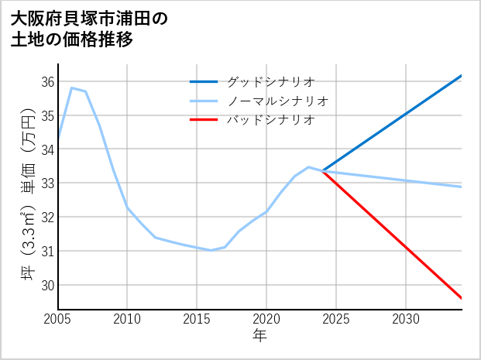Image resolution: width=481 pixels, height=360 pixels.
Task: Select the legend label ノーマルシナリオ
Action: tap(278, 101)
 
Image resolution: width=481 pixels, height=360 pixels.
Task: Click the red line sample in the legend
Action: tap(204, 120)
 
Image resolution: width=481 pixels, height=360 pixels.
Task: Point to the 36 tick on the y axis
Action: tap(46, 82)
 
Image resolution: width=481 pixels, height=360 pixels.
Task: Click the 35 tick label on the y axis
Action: tap(46, 116)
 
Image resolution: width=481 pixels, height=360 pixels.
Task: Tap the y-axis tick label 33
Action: tap(46, 183)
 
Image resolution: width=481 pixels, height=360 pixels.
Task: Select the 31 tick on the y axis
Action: tap(46, 251)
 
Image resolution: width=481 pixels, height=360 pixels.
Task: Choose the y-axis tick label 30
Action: tap(46, 285)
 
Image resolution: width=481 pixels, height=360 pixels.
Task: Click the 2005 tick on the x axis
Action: tap(58, 319)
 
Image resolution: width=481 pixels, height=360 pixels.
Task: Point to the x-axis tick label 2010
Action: tap(127, 319)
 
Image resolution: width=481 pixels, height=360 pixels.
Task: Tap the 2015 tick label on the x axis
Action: tap(197, 319)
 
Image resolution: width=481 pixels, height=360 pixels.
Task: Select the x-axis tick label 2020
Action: tap(266, 319)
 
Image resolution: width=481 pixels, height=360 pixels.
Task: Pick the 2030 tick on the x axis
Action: tap(406, 319)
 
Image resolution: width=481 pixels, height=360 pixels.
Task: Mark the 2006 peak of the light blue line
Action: tap(71, 88)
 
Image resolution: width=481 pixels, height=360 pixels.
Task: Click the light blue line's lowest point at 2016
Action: tap(211, 250)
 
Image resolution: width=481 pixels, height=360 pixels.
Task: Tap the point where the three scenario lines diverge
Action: tap(322, 170)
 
